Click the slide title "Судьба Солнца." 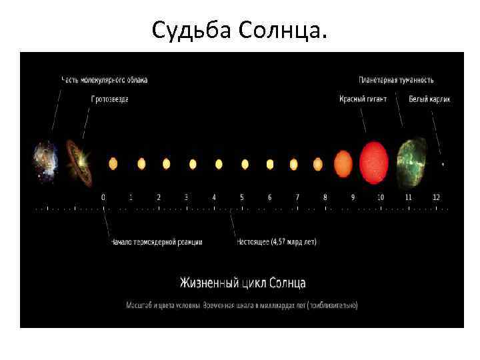(x=240, y=30)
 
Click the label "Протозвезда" (x=110, y=99)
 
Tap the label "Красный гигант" (x=362, y=99)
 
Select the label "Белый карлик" (x=430, y=99)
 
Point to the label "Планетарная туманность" (x=396, y=80)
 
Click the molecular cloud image (x=46, y=161)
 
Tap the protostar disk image (x=79, y=162)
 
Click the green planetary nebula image (x=412, y=162)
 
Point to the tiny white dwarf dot (x=443, y=163)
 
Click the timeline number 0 (x=103, y=197)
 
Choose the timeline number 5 (x=242, y=197)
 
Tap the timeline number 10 (x=380, y=197)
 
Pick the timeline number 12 (x=436, y=197)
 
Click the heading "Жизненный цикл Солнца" (x=242, y=283)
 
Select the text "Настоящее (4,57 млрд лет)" (x=277, y=241)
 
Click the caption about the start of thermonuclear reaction (x=156, y=241)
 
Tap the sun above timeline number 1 (x=141, y=163)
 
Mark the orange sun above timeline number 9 (x=343, y=163)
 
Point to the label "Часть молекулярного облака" (x=105, y=80)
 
